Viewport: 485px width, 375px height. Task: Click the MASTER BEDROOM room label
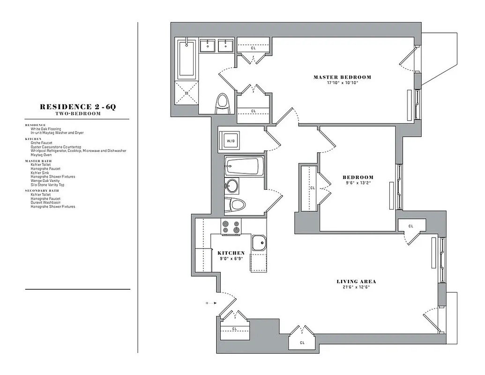point(342,77)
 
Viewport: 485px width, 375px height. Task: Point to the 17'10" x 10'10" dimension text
point(342,83)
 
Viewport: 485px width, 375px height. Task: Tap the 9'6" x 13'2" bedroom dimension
point(358,183)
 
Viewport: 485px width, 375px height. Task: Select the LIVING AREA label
point(356,282)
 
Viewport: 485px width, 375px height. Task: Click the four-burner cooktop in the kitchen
point(231,227)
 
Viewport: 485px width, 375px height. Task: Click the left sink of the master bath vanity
point(207,46)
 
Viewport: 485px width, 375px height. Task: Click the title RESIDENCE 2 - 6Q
point(77,107)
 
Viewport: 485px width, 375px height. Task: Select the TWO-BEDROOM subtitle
point(77,113)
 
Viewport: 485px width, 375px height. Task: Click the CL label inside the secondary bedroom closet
point(312,188)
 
